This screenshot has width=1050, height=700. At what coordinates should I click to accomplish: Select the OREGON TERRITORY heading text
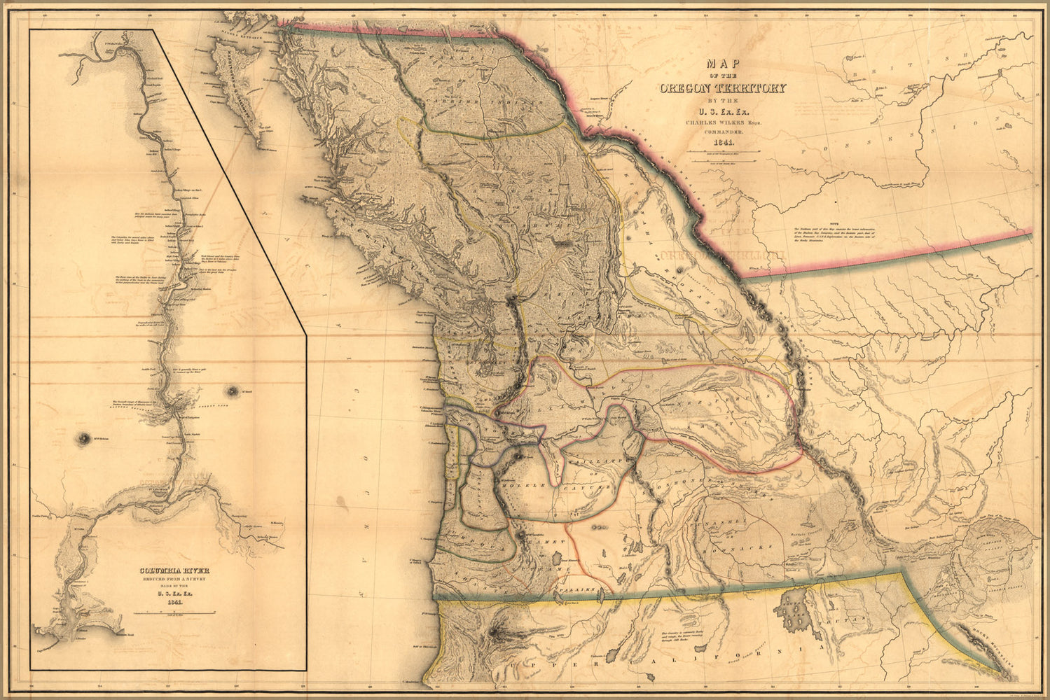pyautogui.click(x=722, y=88)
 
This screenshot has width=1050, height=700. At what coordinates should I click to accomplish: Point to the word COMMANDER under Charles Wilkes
pyautogui.click(x=721, y=132)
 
